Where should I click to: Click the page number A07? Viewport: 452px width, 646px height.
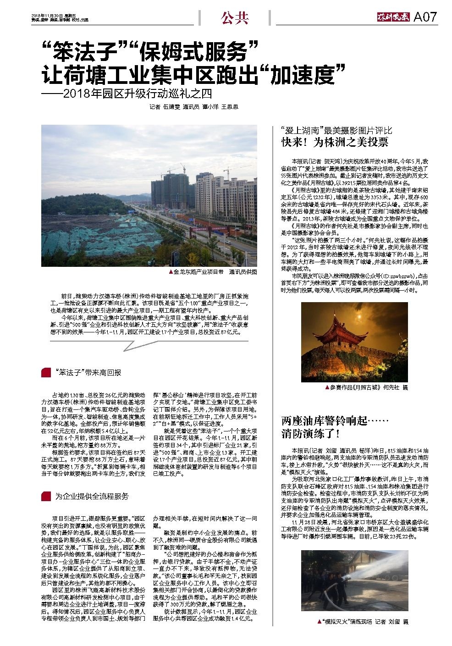click(425, 17)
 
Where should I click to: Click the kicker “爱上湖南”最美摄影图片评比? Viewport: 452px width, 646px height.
click(336, 130)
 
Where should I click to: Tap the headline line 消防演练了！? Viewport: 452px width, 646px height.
click(310, 432)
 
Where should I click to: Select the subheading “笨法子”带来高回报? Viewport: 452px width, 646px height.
click(88, 373)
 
